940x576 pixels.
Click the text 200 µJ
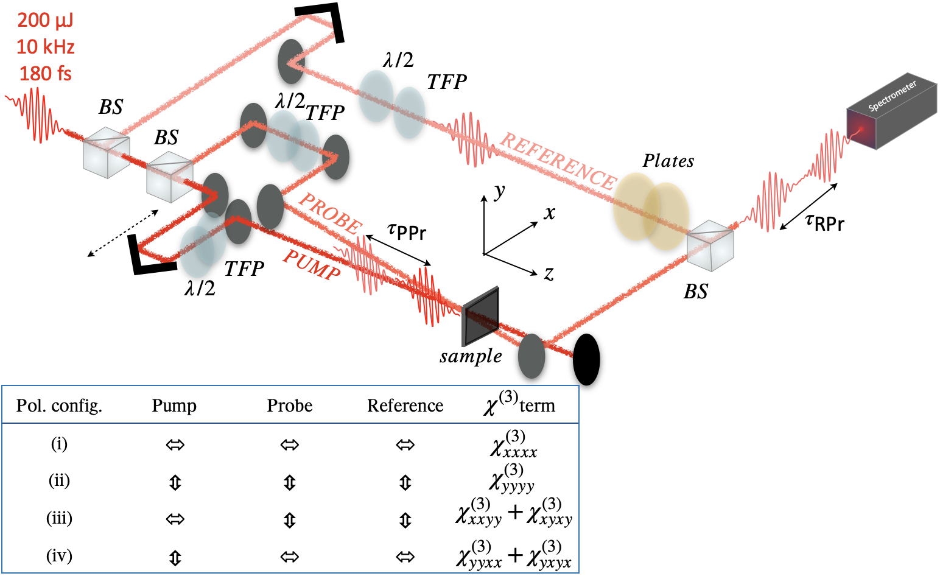click(x=45, y=21)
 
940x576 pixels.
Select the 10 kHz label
click(x=45, y=47)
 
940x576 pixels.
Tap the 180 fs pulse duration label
click(x=45, y=74)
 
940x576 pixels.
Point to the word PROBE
click(x=330, y=213)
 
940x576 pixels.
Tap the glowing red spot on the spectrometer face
click(x=861, y=129)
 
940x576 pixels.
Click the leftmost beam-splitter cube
click(x=107, y=152)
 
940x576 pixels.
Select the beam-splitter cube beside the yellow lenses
click(x=710, y=245)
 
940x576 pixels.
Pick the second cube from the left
click(x=170, y=177)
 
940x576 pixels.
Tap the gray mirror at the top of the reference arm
click(x=290, y=61)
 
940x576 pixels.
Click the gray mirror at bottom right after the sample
click(x=531, y=356)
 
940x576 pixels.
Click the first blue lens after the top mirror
click(x=376, y=96)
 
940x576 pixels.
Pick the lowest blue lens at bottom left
click(x=196, y=252)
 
